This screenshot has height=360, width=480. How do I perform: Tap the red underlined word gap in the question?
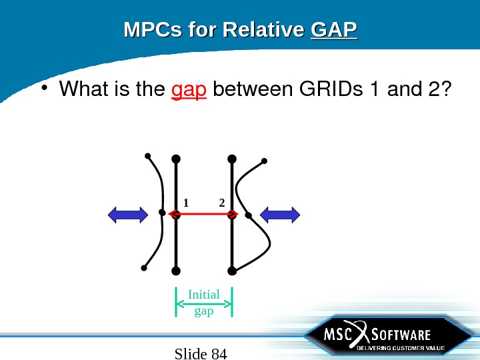(x=189, y=89)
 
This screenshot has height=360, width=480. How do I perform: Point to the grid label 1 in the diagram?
(x=186, y=202)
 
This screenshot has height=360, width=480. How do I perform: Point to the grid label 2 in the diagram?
(x=221, y=202)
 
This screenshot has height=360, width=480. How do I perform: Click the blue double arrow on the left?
(x=128, y=214)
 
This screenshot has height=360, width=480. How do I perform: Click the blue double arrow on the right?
(x=280, y=214)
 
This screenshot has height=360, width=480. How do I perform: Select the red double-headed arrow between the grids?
(x=203, y=214)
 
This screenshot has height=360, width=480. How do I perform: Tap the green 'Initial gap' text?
(x=203, y=302)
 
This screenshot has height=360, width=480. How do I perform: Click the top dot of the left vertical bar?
(x=176, y=159)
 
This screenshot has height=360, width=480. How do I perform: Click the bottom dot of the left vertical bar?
(x=176, y=271)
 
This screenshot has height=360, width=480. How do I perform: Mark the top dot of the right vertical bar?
(x=232, y=159)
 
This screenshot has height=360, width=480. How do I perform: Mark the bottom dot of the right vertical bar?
(x=232, y=271)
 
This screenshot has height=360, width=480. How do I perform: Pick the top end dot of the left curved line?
(x=147, y=157)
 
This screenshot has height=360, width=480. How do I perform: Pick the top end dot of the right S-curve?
(x=265, y=161)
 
